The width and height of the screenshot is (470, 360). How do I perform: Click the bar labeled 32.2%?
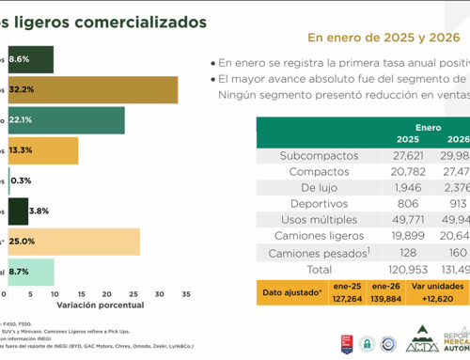(x=94, y=90)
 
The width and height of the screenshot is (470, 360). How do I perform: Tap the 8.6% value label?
(x=20, y=59)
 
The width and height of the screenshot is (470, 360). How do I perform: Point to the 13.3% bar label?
(x=21, y=150)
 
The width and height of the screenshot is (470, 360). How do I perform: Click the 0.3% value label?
(x=20, y=180)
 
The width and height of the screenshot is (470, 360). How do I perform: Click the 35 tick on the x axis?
(x=185, y=295)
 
